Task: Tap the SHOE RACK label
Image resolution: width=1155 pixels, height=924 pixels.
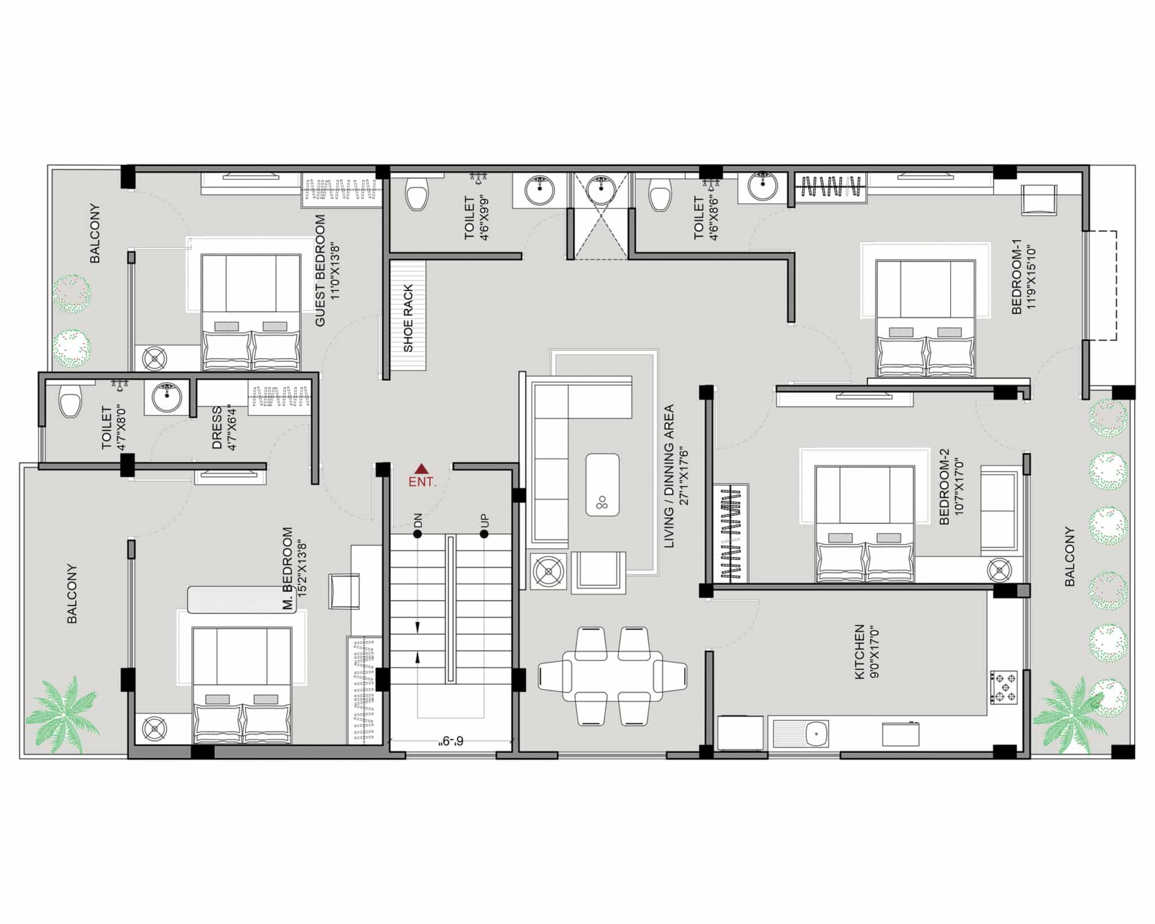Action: [408, 318]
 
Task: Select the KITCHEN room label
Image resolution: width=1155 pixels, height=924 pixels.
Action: [859, 652]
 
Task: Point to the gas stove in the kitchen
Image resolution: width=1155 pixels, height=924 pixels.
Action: [1004, 687]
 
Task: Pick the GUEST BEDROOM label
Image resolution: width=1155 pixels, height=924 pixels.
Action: [320, 270]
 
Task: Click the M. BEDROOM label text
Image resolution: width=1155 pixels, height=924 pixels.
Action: [288, 569]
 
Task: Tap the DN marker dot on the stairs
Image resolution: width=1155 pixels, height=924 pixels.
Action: [417, 534]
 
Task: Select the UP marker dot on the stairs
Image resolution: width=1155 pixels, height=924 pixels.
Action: [484, 534]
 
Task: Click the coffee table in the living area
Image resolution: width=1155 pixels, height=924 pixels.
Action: [602, 485]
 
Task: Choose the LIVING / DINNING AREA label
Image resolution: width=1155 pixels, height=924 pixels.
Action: [669, 476]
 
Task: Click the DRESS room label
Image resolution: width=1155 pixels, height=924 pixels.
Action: [217, 428]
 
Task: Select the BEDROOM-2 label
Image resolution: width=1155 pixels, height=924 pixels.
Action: [944, 487]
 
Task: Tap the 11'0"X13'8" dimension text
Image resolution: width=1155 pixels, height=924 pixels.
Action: [335, 270]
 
